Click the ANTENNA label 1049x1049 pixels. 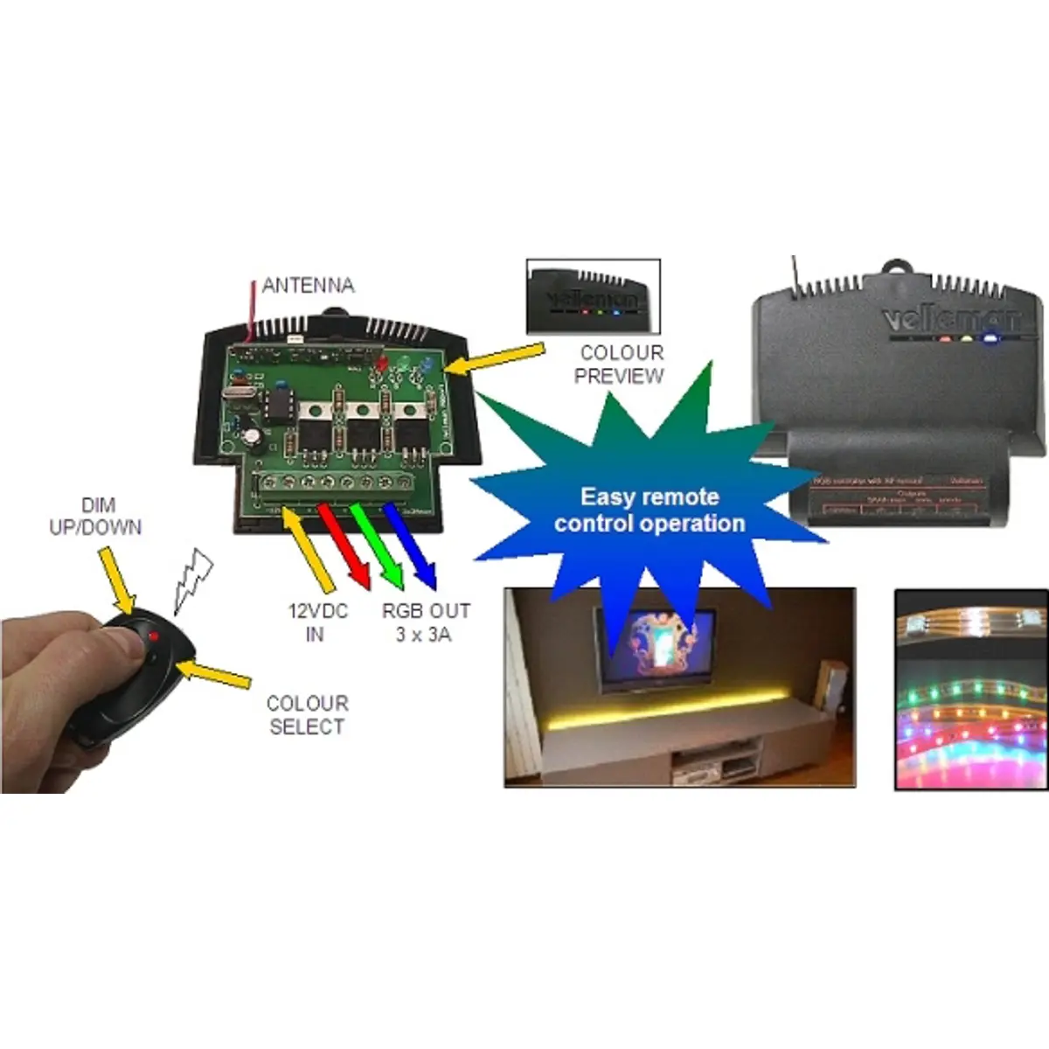tap(308, 286)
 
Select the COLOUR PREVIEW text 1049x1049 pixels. tap(622, 365)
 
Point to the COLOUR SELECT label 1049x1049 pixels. tap(307, 714)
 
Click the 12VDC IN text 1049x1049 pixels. tap(317, 622)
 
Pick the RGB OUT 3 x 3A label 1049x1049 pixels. tap(426, 622)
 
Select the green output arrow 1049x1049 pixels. tap(378, 546)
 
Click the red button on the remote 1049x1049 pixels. tap(155, 634)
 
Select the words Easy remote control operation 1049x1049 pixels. tap(650, 511)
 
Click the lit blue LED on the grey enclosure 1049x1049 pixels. tap(991, 340)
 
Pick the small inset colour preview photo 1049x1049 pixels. tap(594, 295)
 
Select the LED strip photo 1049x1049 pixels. tap(970, 691)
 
